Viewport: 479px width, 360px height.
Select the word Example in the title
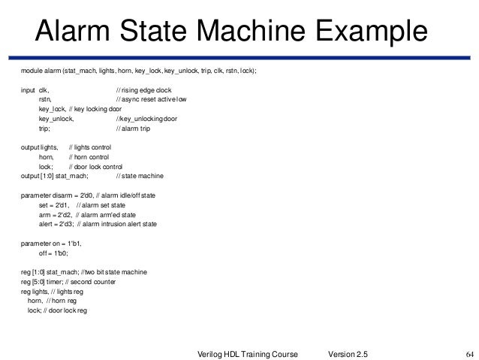point(372,32)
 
